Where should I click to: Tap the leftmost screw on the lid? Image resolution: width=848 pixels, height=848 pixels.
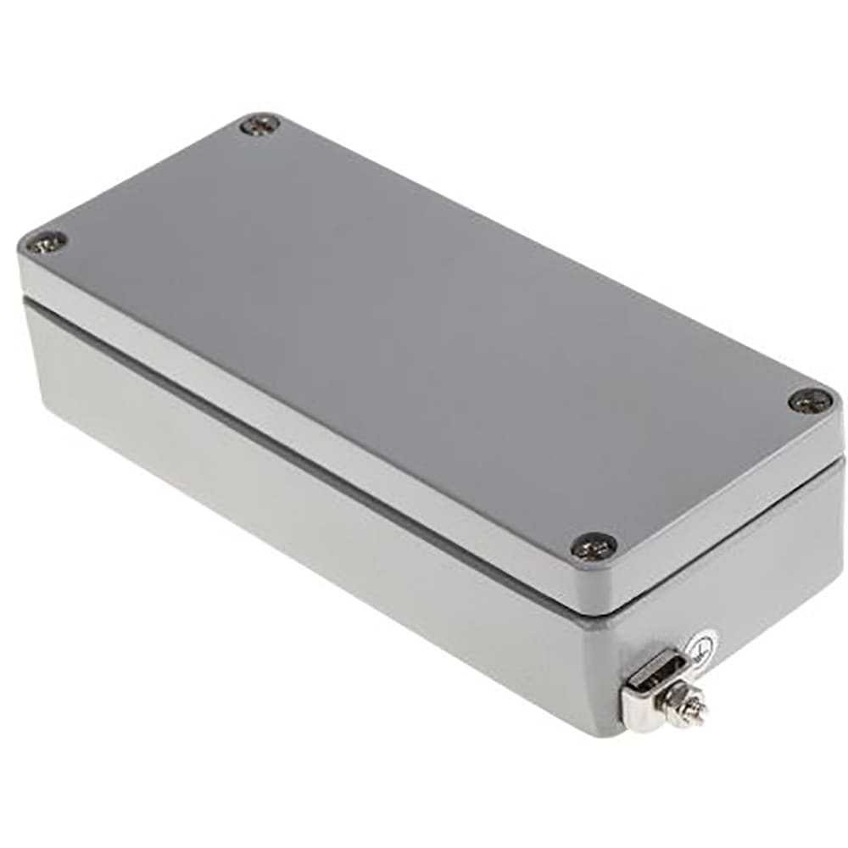(45, 243)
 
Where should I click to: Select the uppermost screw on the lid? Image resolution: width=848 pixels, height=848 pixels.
(259, 126)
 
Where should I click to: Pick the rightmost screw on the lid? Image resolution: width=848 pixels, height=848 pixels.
(810, 400)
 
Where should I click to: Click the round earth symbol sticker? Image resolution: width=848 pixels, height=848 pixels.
(703, 649)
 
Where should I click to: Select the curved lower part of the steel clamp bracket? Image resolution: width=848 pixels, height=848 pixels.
(638, 717)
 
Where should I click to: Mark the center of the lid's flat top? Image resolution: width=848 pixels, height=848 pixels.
(424, 339)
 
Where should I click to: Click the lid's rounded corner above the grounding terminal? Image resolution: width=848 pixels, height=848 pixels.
(606, 594)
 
